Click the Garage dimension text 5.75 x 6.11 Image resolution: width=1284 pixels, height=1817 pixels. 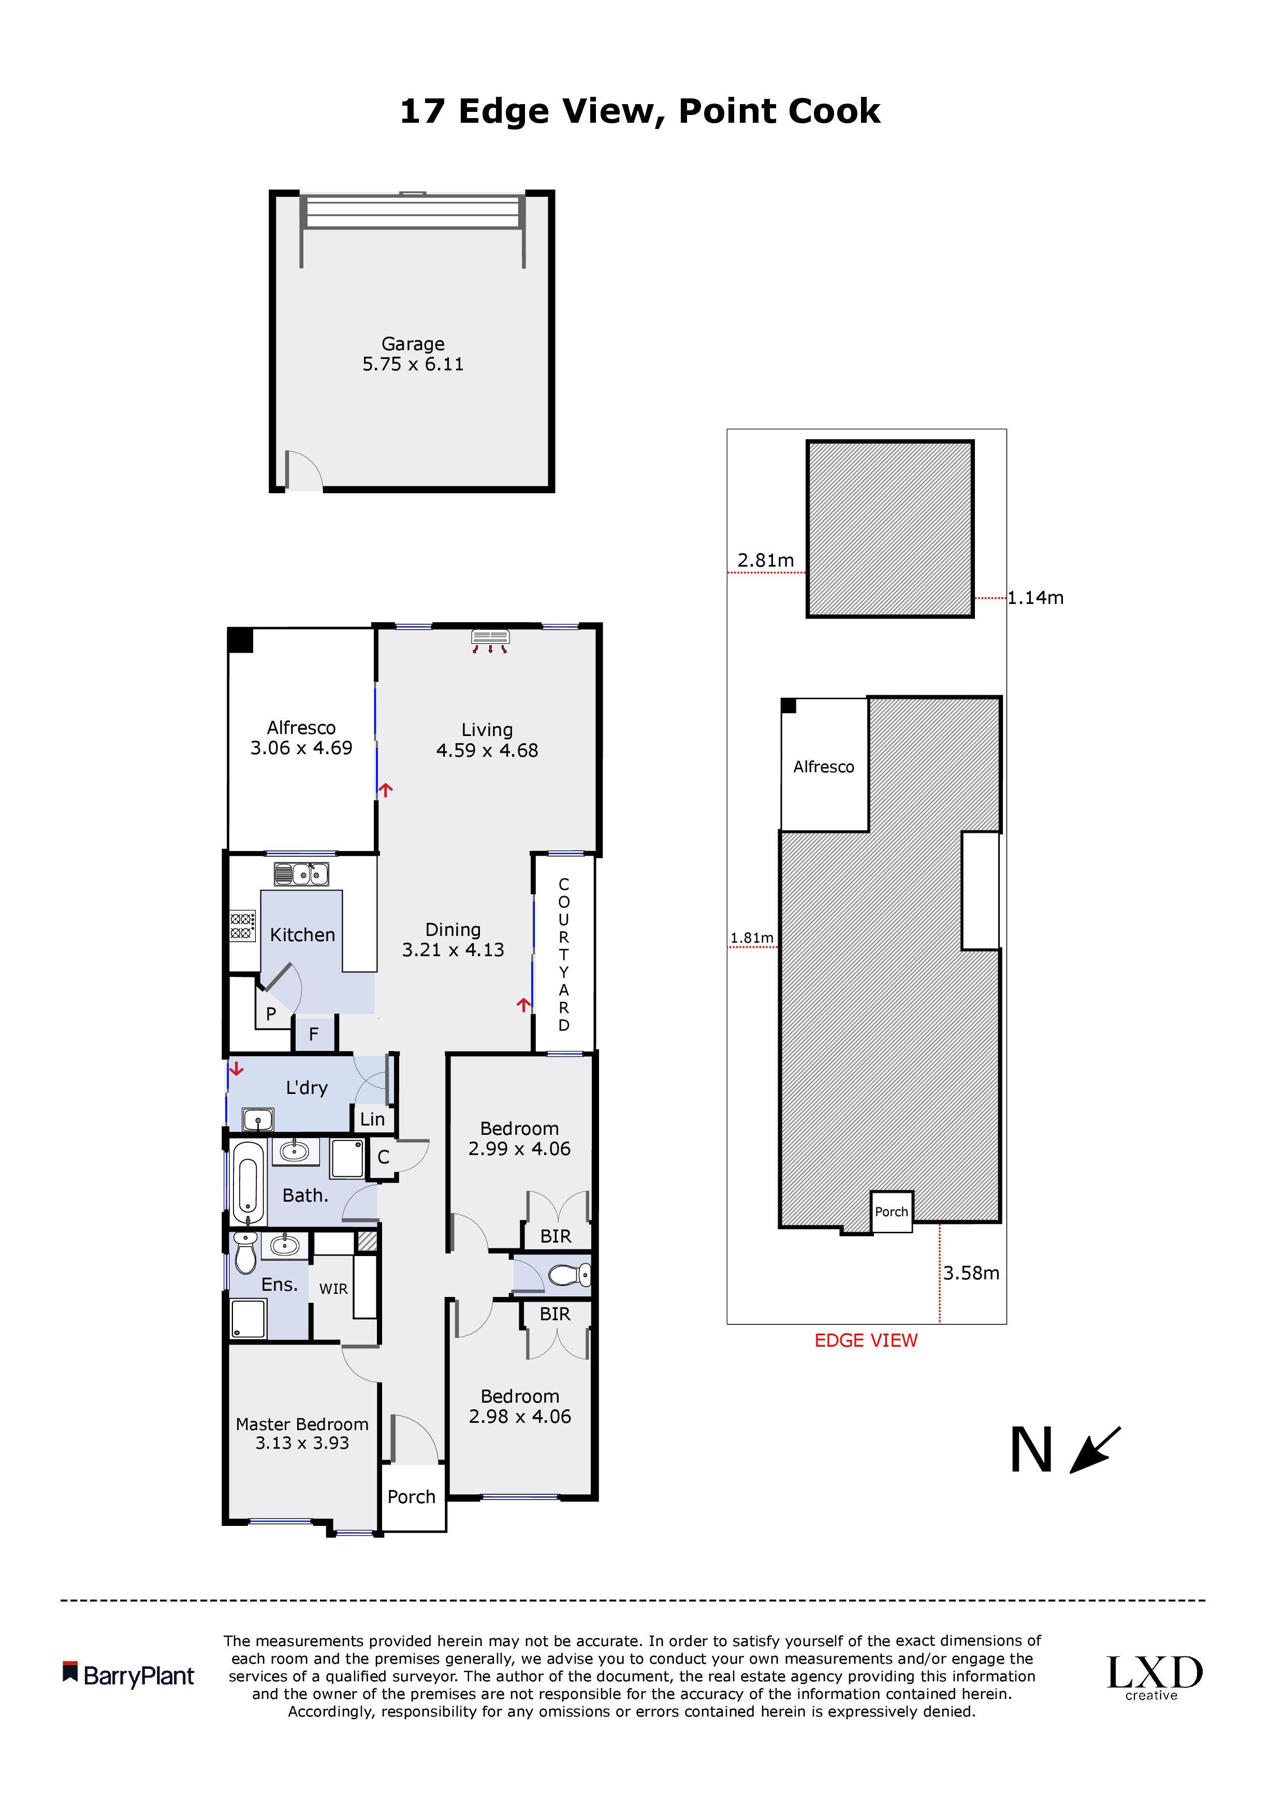coord(413,364)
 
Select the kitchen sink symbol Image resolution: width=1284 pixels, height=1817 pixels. coord(301,874)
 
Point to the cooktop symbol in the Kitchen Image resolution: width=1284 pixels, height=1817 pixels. coord(243,926)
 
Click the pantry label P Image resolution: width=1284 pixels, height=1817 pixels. coord(271,1014)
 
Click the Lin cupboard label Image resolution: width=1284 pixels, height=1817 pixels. coord(373,1119)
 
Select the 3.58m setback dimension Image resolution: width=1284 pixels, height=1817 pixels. coord(971,1273)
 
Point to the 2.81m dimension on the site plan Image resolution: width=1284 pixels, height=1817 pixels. coord(766,560)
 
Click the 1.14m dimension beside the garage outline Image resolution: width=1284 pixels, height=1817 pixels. coord(1035,598)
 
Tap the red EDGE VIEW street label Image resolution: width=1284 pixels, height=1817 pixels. coord(866,1340)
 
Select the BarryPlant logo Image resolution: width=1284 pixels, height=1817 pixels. coord(128,1676)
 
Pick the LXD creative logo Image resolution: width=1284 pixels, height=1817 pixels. coord(1154,1677)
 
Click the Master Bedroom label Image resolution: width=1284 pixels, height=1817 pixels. coord(302,1424)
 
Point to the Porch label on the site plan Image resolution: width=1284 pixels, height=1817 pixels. coord(892,1212)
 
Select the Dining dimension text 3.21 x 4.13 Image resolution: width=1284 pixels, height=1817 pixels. coord(454,949)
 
